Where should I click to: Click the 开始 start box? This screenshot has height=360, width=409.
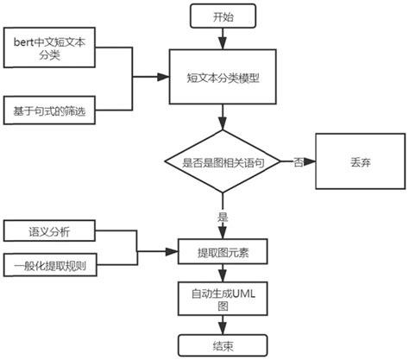click(x=223, y=16)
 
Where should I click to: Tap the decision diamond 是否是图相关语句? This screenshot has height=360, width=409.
click(x=223, y=161)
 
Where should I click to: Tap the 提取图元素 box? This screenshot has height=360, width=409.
click(x=223, y=251)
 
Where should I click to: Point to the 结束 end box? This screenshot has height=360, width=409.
click(x=223, y=345)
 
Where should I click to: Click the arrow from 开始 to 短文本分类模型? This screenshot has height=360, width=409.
click(x=223, y=36)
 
